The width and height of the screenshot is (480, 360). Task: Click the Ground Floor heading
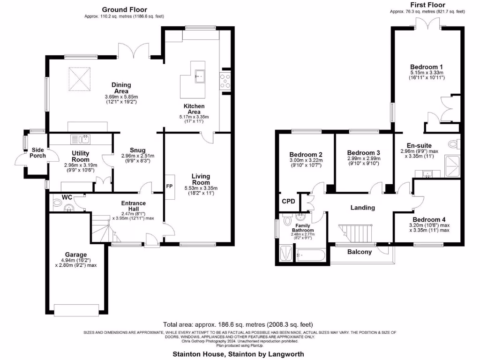point(124,9)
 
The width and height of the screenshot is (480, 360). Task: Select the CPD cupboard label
point(288,201)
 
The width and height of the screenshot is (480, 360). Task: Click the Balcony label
point(360,252)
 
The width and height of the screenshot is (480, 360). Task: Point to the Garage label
point(76,255)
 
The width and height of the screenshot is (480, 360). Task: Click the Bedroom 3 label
point(363,153)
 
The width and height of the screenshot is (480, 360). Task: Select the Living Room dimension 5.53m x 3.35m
point(201,188)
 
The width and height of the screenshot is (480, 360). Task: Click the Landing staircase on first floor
point(356,232)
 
